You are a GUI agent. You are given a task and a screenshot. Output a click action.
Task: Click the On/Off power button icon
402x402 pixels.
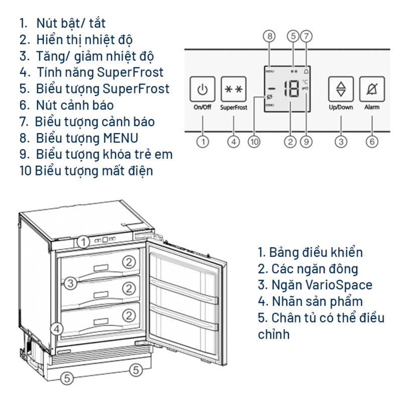tap(203, 89)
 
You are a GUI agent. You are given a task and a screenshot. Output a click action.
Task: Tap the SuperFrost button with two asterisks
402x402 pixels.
tap(234, 89)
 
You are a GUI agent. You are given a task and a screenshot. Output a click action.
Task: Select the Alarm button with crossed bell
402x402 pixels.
tap(372, 89)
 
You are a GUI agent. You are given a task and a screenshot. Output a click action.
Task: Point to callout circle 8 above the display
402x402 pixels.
tap(270, 36)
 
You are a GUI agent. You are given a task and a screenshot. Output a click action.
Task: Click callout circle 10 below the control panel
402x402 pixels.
tap(254, 142)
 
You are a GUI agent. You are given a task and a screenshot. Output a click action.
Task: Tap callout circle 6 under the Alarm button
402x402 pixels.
tap(372, 142)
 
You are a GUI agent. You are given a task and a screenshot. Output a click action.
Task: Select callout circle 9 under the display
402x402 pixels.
tap(306, 142)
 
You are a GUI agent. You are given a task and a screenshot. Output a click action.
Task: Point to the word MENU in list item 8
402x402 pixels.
tap(121, 138)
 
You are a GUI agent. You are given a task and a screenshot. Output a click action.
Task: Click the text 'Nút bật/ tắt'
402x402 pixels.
tap(71, 23)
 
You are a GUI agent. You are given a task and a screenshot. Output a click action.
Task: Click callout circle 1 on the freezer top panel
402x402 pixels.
tap(84, 242)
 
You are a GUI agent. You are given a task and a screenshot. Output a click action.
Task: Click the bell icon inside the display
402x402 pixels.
tap(307, 71)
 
